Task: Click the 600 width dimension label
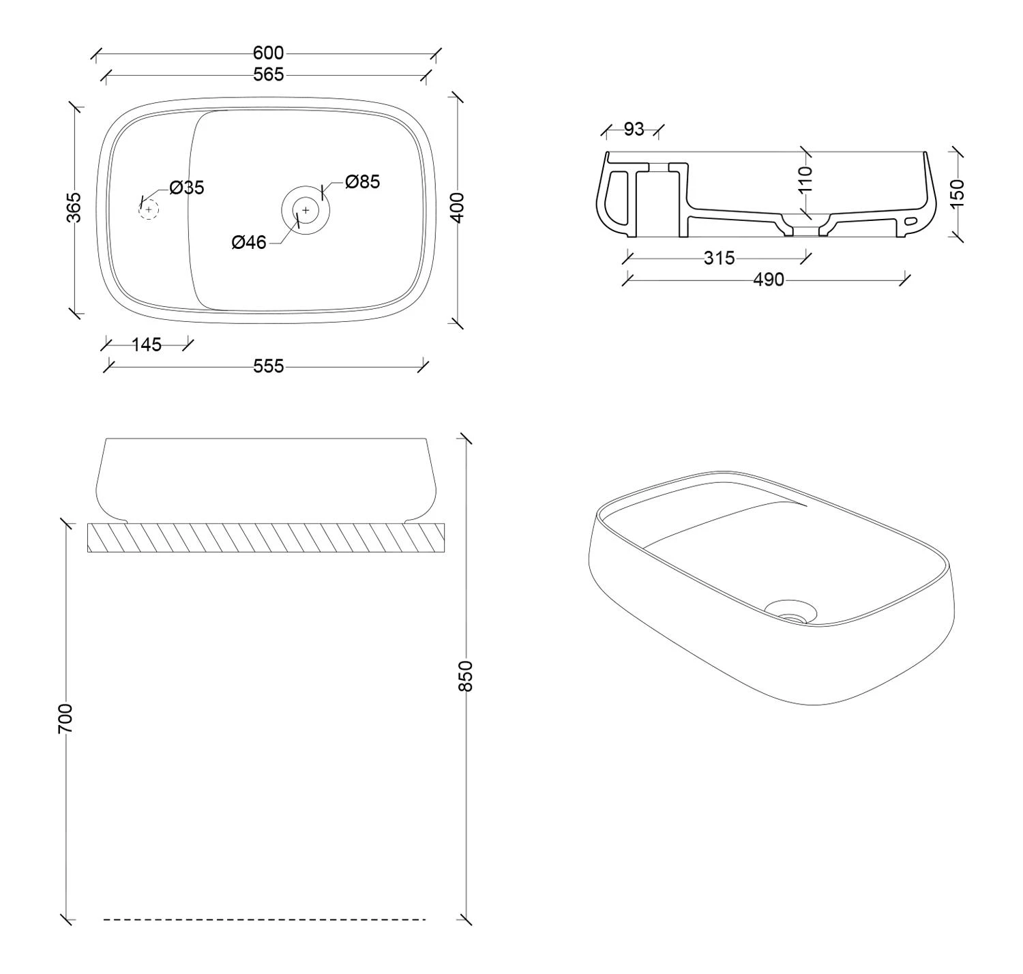pyautogui.click(x=268, y=53)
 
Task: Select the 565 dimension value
pyautogui.click(x=269, y=75)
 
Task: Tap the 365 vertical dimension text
pyautogui.click(x=74, y=207)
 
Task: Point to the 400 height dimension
pyautogui.click(x=456, y=208)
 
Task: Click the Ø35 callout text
pyautogui.click(x=187, y=188)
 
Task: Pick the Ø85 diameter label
pyautogui.click(x=363, y=181)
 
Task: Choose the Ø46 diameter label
pyautogui.click(x=249, y=242)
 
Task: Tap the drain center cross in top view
pyautogui.click(x=306, y=210)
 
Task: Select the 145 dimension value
pyautogui.click(x=147, y=344)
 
